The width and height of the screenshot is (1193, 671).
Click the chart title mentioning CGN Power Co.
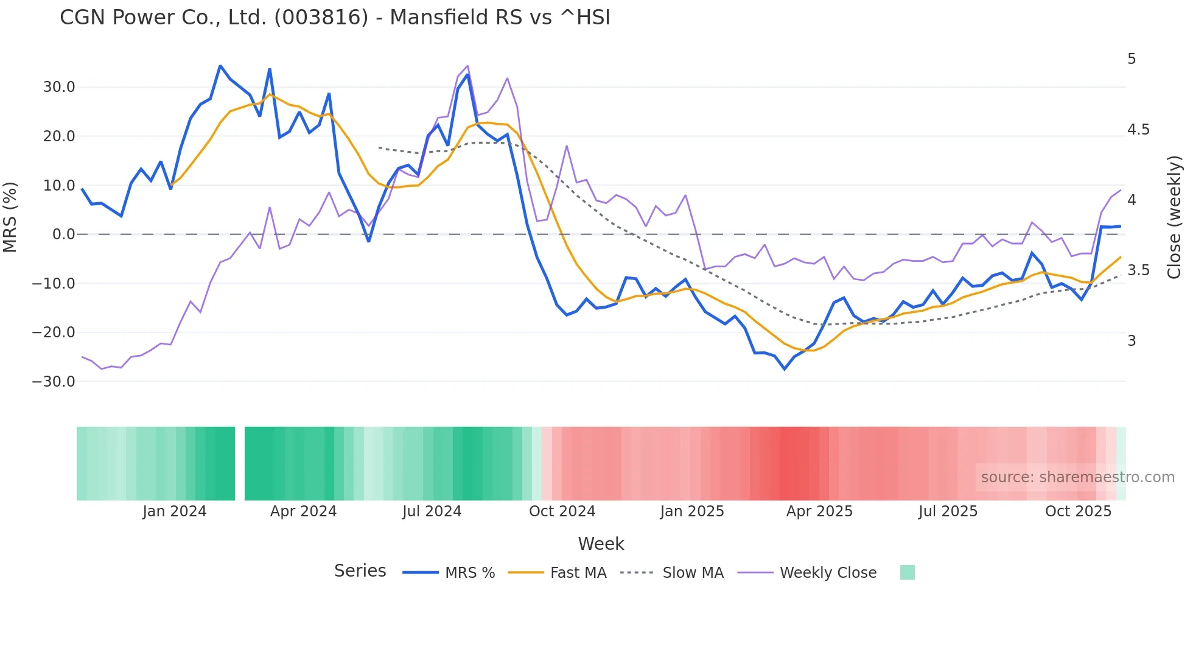[335, 18]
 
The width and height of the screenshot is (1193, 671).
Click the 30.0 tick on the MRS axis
[59, 87]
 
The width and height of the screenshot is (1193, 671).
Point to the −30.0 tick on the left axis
[54, 382]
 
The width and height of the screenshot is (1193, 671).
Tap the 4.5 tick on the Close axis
[1138, 130]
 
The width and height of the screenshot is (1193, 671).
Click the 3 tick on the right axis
[1132, 341]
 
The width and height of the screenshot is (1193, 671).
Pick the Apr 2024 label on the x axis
[303, 511]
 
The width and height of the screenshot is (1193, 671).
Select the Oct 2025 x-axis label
[1078, 511]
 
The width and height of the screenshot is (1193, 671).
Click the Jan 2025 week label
[692, 511]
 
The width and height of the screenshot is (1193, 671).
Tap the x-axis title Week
[601, 544]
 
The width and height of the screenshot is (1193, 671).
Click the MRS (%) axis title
[10, 217]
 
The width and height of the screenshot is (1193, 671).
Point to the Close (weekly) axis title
[1174, 217]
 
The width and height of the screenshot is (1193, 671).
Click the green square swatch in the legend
[907, 572]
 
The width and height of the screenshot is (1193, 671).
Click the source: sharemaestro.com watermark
[1077, 477]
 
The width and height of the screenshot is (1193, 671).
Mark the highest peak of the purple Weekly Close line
[467, 66]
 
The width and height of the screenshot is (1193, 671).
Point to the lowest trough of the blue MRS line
[785, 369]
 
